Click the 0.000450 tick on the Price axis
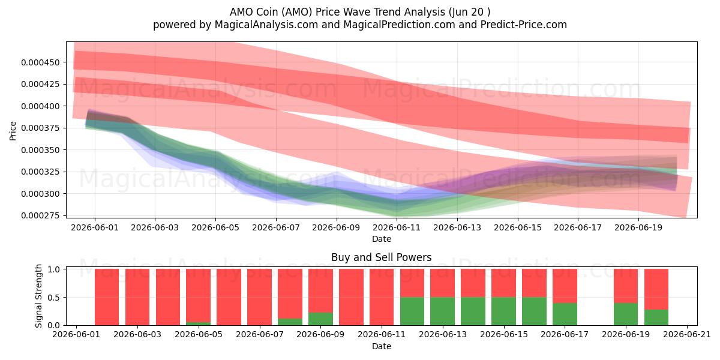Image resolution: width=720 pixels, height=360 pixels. click(41, 62)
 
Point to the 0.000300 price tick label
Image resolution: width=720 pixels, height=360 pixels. click(41, 194)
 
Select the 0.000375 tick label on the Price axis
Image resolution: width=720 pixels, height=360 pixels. click(41, 128)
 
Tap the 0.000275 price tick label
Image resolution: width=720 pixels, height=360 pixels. click(41, 215)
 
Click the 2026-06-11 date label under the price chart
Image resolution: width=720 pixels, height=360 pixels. click(397, 227)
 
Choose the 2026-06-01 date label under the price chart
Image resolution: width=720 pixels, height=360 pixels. click(95, 227)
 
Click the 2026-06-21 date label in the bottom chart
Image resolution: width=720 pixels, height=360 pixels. click(687, 335)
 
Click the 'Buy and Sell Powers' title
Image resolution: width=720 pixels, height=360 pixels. click(381, 257)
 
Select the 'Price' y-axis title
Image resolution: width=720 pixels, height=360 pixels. click(13, 131)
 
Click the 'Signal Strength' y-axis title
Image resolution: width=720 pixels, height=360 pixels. click(38, 296)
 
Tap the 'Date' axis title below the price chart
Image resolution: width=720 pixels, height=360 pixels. click(382, 239)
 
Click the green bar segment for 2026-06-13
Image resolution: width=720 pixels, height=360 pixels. click(442, 311)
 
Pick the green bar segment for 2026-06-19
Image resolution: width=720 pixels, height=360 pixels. click(626, 314)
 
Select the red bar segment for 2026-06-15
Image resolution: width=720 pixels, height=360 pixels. click(503, 283)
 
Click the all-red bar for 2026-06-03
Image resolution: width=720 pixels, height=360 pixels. click(168, 297)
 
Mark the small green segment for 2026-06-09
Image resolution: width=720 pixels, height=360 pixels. click(320, 319)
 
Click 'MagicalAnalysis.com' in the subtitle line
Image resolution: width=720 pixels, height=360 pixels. click(266, 25)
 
